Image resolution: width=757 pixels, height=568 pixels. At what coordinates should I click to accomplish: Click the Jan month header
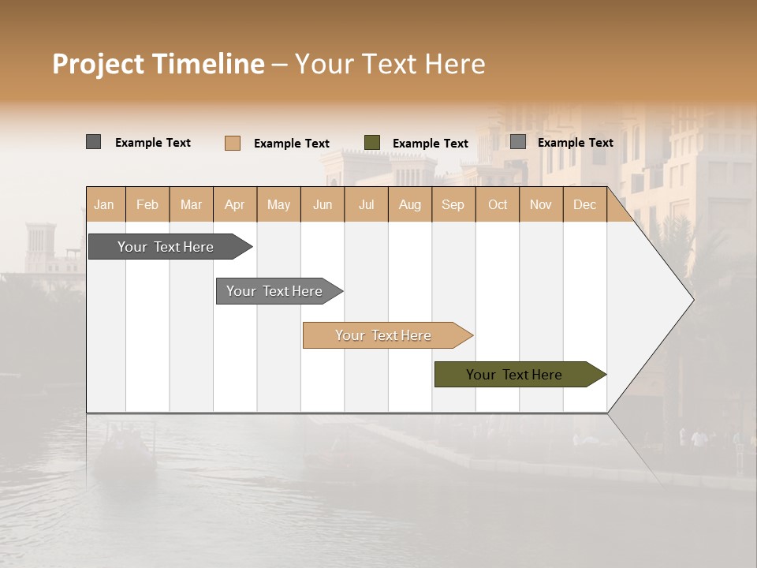pos(105,204)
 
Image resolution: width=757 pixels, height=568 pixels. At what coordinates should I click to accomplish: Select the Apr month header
pos(235,204)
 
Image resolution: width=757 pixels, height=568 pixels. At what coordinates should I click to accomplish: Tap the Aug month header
pos(410,204)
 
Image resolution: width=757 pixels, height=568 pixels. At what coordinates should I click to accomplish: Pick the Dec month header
pos(584,204)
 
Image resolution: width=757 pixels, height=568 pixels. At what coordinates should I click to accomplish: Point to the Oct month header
pos(498,204)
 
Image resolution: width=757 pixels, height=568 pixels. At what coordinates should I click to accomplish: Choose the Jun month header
pos(323,204)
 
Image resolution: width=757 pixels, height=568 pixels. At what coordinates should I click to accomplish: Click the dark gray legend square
pos(93,142)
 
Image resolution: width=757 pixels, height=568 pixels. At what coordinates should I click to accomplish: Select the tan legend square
pos(232,143)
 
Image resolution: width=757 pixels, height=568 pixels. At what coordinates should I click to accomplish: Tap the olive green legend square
pos(372,143)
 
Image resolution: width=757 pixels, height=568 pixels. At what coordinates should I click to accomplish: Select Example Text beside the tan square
pos(292,144)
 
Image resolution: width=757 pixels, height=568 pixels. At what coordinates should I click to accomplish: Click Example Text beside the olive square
pos(431,144)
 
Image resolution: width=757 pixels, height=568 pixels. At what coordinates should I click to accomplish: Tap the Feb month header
pos(147,204)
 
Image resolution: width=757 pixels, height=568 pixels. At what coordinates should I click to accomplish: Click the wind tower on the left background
pos(40,245)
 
